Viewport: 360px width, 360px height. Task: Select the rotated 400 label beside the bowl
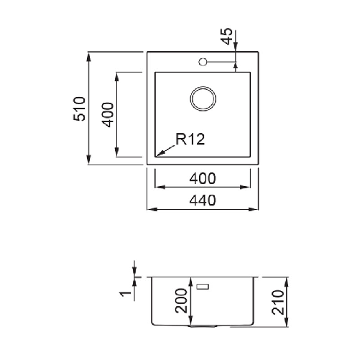point(109,114)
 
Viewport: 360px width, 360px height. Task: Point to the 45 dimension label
point(228,37)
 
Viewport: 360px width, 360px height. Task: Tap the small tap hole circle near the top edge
point(203,62)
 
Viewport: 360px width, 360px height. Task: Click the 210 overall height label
point(279,303)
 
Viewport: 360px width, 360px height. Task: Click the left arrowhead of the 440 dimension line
point(151,209)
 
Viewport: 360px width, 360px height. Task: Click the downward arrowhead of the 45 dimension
point(236,68)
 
